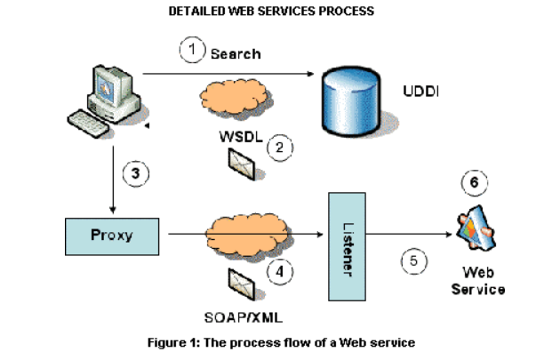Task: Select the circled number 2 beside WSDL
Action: click(280, 147)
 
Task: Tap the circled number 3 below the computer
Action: click(135, 174)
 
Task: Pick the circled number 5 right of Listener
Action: click(413, 261)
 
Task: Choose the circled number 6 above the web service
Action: click(474, 182)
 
